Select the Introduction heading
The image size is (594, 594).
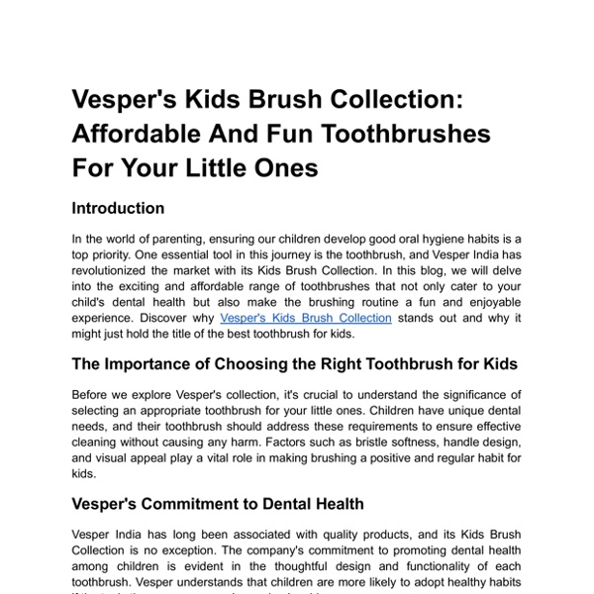tap(118, 208)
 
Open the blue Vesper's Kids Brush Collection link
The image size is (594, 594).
tap(306, 318)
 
